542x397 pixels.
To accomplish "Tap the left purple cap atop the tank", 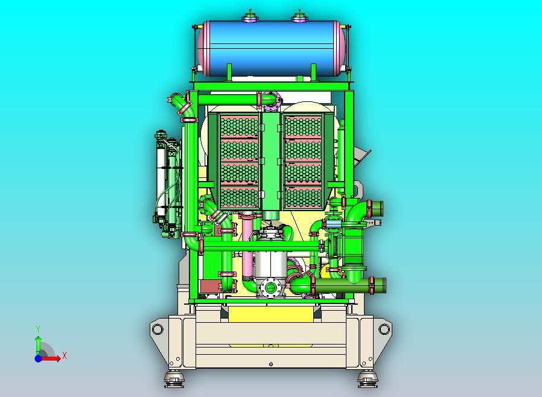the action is [x=250, y=18].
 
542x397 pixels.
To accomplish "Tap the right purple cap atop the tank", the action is [x=299, y=18].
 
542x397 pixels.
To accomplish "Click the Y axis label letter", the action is [x=39, y=329].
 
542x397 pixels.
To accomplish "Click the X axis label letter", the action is [x=65, y=355].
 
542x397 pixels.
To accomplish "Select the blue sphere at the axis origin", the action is [x=39, y=358].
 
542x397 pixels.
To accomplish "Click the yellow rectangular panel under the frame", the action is [x=270, y=314].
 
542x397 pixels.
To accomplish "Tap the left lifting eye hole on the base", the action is [x=158, y=329].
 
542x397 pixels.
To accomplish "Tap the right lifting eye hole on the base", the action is [x=384, y=329].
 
